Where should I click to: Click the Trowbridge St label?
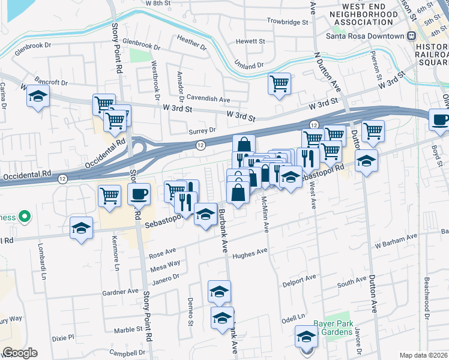click(288, 21)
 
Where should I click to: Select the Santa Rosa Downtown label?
click(365, 36)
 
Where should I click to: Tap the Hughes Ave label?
click(250, 254)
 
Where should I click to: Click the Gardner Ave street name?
click(120, 292)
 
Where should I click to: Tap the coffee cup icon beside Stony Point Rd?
click(139, 194)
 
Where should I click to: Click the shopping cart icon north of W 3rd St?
click(279, 83)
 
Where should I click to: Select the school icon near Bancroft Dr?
click(38, 96)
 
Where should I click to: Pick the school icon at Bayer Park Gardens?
click(306, 336)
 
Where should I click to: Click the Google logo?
click(19, 353)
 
